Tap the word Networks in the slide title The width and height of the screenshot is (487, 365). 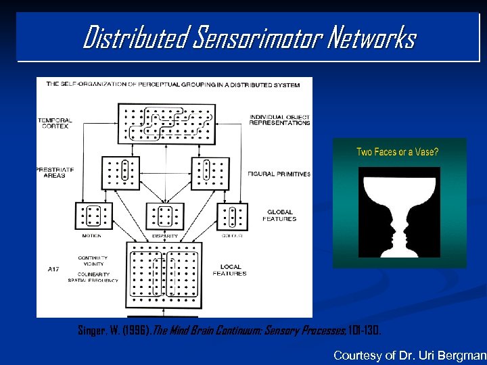(x=372, y=38)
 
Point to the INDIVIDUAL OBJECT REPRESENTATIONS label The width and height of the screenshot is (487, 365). (x=279, y=120)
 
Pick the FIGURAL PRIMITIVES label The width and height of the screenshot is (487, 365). (x=279, y=174)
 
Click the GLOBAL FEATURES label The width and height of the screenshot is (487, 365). (x=280, y=215)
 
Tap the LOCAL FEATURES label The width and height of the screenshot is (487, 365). (x=229, y=270)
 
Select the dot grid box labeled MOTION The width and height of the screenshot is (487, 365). (x=93, y=216)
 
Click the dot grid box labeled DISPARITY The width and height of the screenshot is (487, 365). (x=165, y=216)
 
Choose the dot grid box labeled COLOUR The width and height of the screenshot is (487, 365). (x=232, y=216)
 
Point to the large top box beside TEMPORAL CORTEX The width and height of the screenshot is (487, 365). (x=166, y=123)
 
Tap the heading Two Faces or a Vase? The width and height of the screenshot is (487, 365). (x=397, y=152)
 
